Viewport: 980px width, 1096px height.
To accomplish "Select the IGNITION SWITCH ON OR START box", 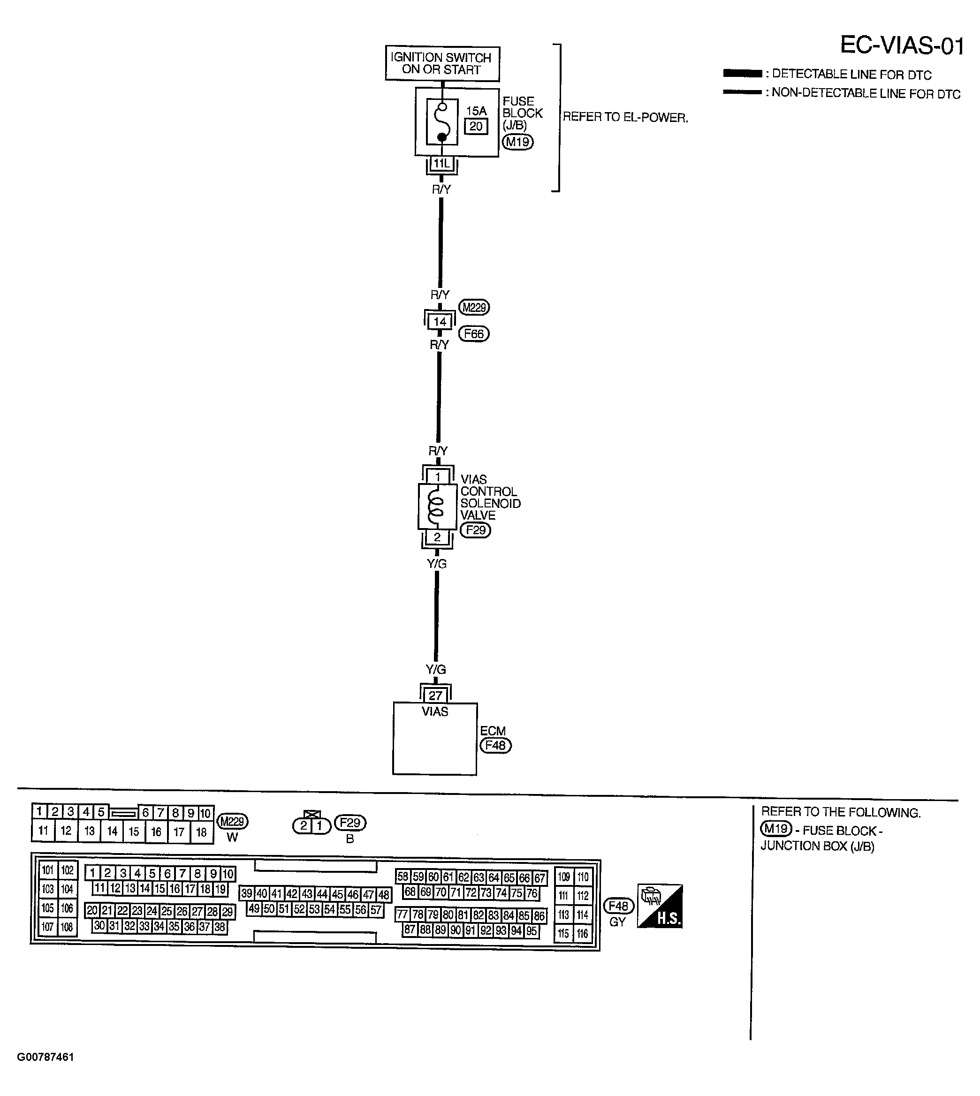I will point(441,63).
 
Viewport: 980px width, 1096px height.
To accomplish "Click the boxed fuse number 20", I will point(476,127).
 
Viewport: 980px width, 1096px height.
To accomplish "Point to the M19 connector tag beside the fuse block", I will point(517,142).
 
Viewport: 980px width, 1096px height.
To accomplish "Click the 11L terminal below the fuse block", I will point(441,163).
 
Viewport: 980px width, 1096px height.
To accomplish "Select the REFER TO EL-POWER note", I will point(625,117).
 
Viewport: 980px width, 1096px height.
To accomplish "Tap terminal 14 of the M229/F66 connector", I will point(440,322).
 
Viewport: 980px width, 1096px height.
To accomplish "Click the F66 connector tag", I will point(473,334).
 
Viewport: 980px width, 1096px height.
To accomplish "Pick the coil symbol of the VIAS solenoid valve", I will point(436,506).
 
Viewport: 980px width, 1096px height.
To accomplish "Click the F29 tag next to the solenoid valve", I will point(476,530).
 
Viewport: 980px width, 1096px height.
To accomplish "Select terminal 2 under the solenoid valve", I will point(437,537).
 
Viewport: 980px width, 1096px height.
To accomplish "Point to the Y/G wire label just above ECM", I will point(436,669).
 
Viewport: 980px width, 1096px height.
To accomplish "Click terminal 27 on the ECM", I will point(435,695).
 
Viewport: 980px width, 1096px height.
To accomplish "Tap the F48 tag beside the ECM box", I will point(495,746).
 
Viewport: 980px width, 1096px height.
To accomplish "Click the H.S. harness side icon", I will point(660,906).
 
